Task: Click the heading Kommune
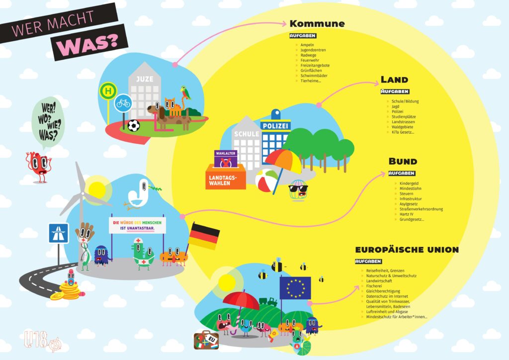317,24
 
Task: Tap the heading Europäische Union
407,250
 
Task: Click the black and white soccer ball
133,125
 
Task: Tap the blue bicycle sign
123,103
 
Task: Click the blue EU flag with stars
295,288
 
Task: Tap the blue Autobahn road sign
58,233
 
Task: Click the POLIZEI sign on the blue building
274,126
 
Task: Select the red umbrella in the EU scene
241,300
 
